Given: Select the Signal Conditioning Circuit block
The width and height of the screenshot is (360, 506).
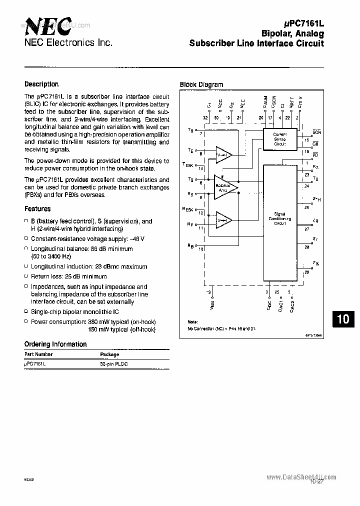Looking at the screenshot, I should point(279,218).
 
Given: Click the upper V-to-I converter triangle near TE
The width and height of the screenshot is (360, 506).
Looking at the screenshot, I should point(223,154).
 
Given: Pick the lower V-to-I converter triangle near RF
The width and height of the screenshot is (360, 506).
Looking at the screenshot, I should point(223,219).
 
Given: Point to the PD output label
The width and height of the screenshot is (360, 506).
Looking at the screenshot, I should point(315,156).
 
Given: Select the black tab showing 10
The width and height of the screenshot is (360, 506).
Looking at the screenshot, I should point(343,319).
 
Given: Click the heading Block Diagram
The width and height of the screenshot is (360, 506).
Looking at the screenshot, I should point(201,84).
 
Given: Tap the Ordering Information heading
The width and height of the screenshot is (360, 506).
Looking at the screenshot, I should point(55,344).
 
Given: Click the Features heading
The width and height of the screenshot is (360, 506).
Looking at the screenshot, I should point(37,208).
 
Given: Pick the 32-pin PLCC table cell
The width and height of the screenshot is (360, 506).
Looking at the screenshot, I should point(113,364).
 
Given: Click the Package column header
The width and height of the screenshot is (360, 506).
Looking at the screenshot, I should point(109,354).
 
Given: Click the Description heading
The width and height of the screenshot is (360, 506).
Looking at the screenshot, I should point(41,84).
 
